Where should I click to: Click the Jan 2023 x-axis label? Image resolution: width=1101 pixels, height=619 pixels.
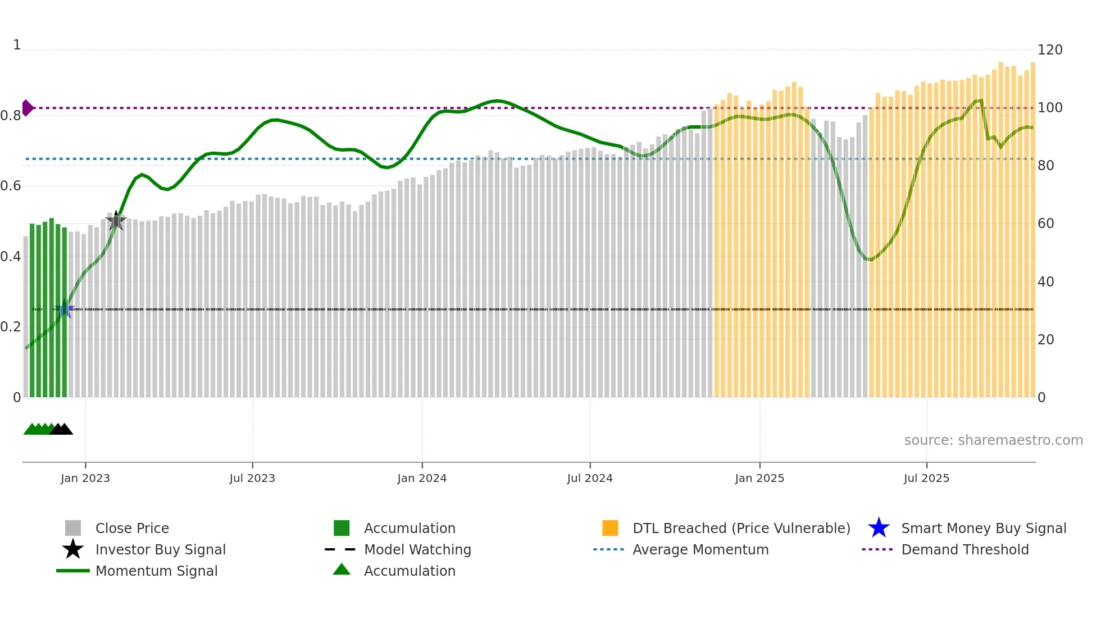85,478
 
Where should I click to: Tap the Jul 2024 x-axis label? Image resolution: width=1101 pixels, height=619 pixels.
590,478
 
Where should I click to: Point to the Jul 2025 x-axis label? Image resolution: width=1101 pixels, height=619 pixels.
926,478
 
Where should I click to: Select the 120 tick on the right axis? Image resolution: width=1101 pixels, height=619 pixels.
1049,50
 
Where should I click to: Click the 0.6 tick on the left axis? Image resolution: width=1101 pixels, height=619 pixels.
11,186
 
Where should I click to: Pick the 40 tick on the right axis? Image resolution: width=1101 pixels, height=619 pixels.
1045,282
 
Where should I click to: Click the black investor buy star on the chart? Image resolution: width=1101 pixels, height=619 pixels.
116,221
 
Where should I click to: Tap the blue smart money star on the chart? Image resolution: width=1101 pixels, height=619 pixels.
65,309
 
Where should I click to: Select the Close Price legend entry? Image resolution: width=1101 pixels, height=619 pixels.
132,528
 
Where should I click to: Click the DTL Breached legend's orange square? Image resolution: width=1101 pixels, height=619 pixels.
610,528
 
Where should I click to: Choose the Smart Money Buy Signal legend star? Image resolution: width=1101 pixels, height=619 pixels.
879,528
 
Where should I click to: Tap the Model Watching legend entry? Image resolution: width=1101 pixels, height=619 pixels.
417,549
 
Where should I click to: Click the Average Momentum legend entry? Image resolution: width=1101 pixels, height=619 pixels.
700,549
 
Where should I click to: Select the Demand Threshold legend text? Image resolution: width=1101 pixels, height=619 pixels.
964,549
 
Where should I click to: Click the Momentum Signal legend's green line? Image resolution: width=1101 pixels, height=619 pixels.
73,571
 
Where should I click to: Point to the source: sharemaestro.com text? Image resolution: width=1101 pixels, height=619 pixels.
993,440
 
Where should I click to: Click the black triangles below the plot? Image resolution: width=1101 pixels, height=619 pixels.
61,429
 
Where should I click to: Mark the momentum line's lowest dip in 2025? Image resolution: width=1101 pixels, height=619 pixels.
869,259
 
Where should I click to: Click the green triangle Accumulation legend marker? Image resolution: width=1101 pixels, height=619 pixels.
342,570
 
